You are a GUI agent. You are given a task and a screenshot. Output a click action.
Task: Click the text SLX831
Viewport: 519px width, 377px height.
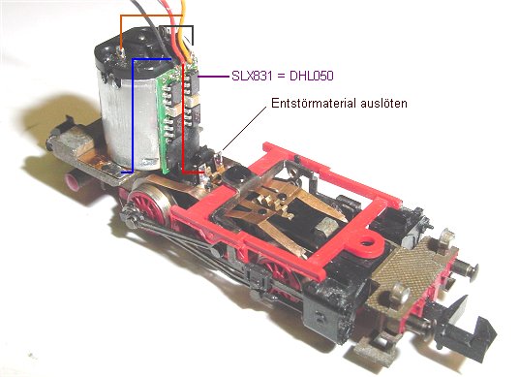click(x=252, y=77)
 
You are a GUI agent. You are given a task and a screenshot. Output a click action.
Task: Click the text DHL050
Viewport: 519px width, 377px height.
click(x=312, y=77)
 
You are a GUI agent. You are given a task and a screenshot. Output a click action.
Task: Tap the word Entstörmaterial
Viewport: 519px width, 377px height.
click(x=310, y=103)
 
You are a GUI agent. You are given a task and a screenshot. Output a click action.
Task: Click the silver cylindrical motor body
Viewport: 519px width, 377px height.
click(x=128, y=122)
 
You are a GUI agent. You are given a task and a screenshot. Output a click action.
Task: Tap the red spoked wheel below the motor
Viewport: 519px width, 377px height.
click(x=150, y=204)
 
